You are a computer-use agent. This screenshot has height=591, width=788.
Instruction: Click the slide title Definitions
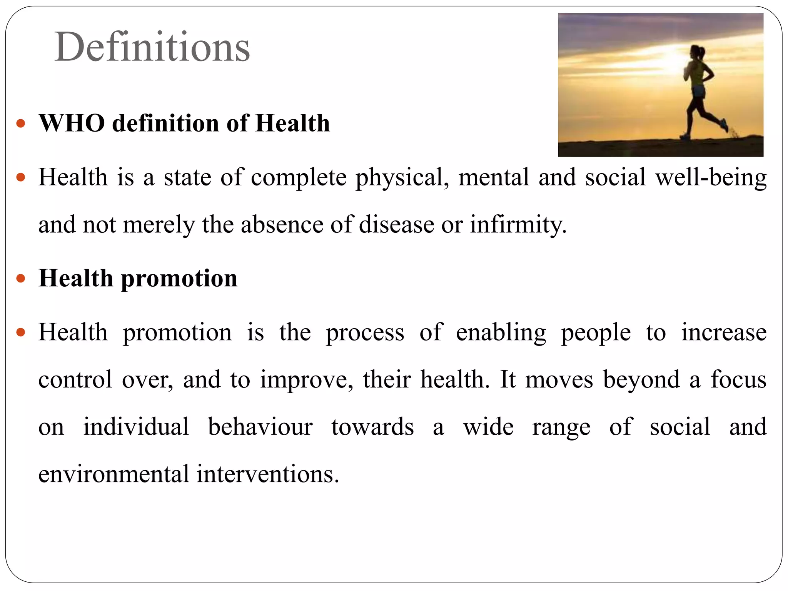click(152, 47)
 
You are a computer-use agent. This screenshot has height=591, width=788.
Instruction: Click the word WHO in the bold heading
click(72, 124)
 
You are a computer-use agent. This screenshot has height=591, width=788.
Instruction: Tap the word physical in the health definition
click(402, 178)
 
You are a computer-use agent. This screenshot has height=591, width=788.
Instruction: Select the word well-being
click(711, 178)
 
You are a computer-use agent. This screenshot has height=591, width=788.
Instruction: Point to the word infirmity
click(518, 225)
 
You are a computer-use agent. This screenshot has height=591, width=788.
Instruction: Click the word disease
click(396, 225)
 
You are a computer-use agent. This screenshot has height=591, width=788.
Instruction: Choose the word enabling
click(501, 332)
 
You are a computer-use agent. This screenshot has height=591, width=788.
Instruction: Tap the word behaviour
click(260, 427)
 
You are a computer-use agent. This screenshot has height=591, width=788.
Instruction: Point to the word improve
click(306, 380)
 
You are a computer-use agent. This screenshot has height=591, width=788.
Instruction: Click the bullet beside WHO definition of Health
click(21, 124)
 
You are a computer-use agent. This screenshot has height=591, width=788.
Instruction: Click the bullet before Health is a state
click(21, 178)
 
